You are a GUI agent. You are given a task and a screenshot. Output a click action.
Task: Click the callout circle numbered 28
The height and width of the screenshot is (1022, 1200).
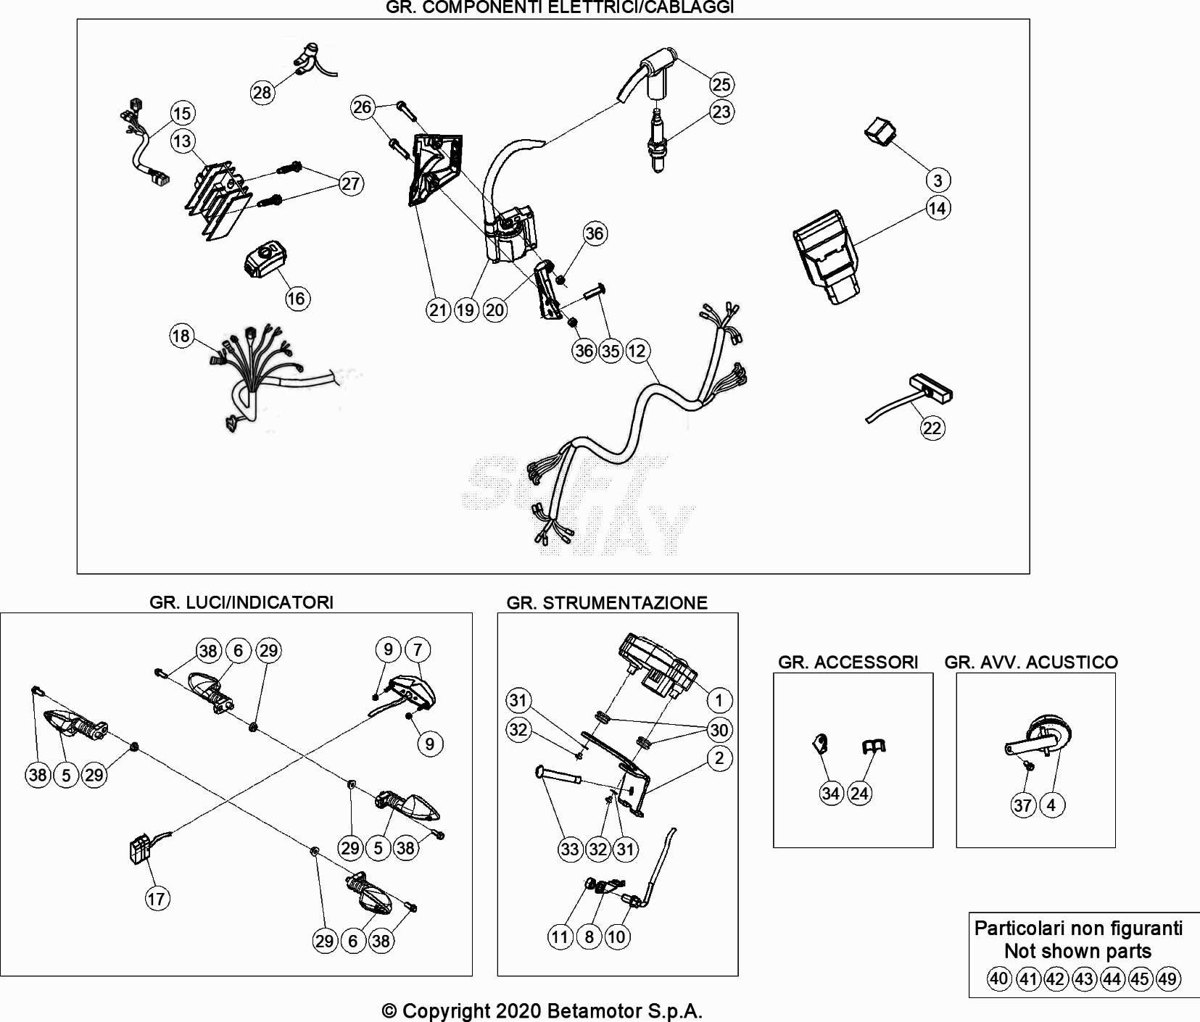[x=262, y=93]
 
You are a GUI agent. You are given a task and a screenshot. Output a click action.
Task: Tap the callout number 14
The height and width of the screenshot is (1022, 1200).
[x=938, y=209]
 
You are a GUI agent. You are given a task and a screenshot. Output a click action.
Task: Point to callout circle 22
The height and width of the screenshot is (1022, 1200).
[x=932, y=428]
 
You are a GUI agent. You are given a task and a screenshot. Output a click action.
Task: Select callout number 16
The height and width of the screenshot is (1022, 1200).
[x=297, y=299]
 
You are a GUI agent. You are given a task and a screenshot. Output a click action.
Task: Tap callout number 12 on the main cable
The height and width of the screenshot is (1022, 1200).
[x=637, y=352]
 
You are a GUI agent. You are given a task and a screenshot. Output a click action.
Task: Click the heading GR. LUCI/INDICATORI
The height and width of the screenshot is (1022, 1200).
[x=241, y=602]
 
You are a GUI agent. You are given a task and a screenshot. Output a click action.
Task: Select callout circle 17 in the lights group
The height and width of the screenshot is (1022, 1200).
[x=157, y=900]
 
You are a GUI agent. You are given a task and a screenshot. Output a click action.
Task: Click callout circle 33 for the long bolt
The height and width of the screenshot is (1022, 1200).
[x=570, y=849]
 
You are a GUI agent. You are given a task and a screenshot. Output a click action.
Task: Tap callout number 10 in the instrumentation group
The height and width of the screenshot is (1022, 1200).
[x=616, y=937]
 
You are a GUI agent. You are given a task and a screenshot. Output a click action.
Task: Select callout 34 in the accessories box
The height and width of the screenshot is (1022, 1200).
[x=831, y=794]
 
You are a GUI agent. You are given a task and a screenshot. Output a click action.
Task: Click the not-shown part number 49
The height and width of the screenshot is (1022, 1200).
[x=1167, y=980]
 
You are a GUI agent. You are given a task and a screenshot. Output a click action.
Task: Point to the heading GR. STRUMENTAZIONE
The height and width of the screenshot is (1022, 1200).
[x=607, y=603]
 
